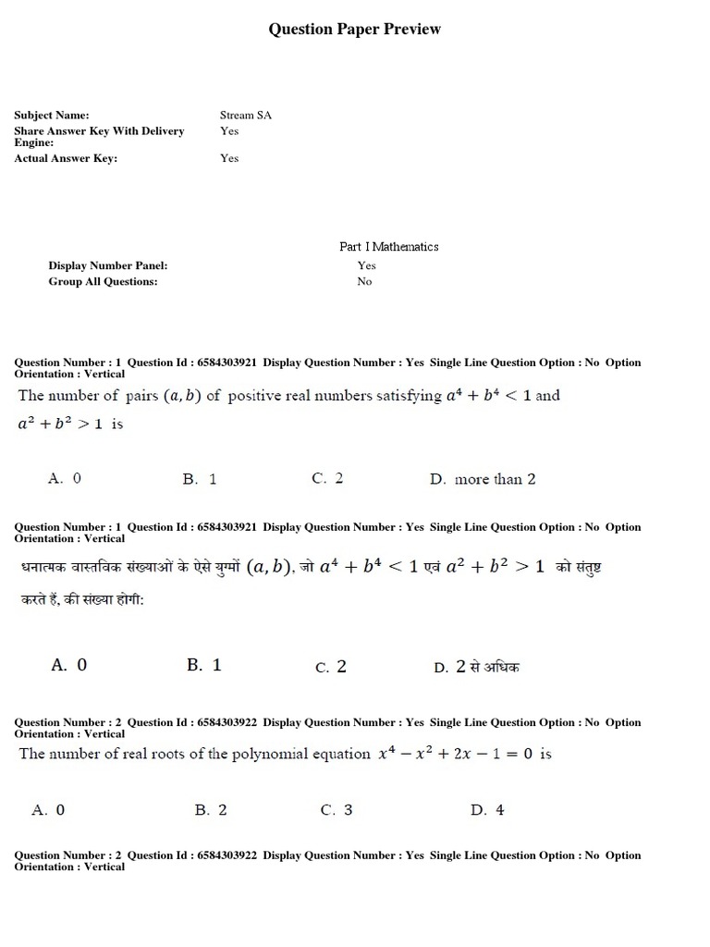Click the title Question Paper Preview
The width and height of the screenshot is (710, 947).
pyautogui.click(x=354, y=30)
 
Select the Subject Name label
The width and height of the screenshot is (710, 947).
pyautogui.click(x=51, y=116)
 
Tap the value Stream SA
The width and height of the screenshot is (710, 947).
pyautogui.click(x=245, y=116)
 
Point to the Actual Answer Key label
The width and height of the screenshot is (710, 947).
pyautogui.click(x=66, y=158)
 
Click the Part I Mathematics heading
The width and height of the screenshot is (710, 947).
pyautogui.click(x=388, y=247)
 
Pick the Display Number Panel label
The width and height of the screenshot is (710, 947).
pyautogui.click(x=107, y=265)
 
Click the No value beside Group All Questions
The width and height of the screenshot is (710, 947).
pyautogui.click(x=364, y=281)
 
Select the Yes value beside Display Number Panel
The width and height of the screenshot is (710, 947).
pyautogui.click(x=366, y=265)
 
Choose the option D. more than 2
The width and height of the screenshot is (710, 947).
pyautogui.click(x=483, y=479)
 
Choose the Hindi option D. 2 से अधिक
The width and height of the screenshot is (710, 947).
pyautogui.click(x=477, y=667)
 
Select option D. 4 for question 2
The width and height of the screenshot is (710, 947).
pyautogui.click(x=487, y=810)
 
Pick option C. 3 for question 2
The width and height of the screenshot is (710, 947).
pyautogui.click(x=337, y=810)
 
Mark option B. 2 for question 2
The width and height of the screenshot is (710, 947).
pyautogui.click(x=211, y=810)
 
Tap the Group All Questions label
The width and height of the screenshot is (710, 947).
pyautogui.click(x=103, y=281)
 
